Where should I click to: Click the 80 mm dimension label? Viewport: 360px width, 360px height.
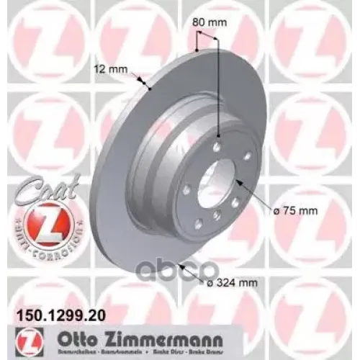(211, 22)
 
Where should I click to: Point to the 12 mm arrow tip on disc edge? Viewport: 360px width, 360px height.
(148, 87)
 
